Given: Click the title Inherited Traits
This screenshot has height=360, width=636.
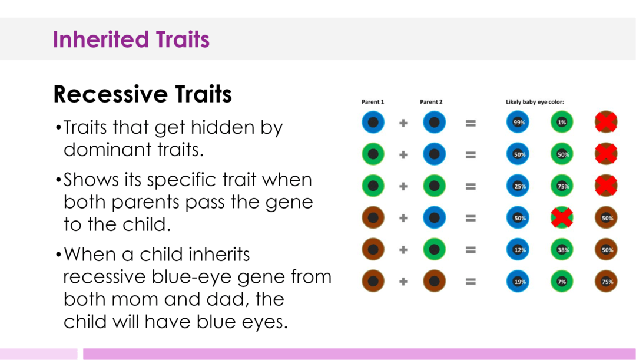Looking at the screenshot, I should tap(131, 39).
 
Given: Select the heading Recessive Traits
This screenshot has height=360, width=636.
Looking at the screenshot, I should tap(143, 94).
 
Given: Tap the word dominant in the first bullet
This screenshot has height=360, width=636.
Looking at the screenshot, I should tap(110, 149).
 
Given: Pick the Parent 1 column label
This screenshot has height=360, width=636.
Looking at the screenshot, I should tap(372, 102).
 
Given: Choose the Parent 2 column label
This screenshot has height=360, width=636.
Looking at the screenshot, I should tap(431, 102).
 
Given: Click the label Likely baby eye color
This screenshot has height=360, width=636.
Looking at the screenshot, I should tap(535, 102).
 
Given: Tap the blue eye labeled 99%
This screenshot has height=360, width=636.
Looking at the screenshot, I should tap(518, 123).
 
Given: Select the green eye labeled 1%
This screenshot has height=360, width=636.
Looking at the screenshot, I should tap(562, 123).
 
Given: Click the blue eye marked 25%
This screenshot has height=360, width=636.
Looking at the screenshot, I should tap(518, 186).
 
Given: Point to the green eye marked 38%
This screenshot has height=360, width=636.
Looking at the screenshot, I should tap(562, 250).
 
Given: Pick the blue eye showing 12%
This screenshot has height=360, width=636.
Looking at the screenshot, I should tap(518, 250).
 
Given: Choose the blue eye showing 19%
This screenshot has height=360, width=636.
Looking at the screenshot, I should tap(518, 282).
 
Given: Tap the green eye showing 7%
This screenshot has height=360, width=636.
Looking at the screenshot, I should tap(562, 282).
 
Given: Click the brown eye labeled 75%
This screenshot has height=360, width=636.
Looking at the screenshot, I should tap(606, 282).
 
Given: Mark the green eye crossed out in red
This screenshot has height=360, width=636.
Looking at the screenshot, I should tap(562, 218).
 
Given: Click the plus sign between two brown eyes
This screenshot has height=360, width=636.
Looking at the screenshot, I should tap(403, 282).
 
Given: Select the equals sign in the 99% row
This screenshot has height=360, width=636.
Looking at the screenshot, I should tap(471, 123).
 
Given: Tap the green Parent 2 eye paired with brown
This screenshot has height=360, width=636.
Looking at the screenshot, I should tap(434, 250).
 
